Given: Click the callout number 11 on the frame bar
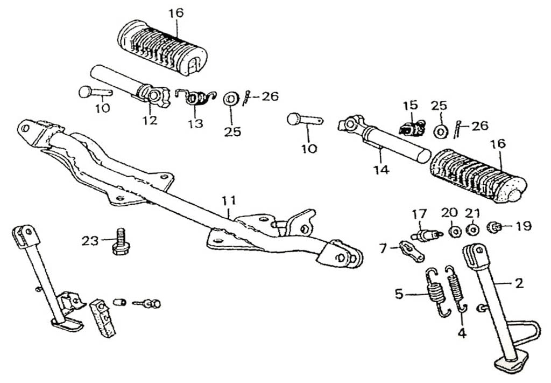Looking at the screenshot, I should coord(229,200).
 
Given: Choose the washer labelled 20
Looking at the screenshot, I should coord(454,231).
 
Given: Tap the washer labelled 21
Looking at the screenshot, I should coord(472,231).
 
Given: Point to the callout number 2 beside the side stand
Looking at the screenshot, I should coord(519,282).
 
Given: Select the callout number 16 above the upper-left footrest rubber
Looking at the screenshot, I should coord(175,13).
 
